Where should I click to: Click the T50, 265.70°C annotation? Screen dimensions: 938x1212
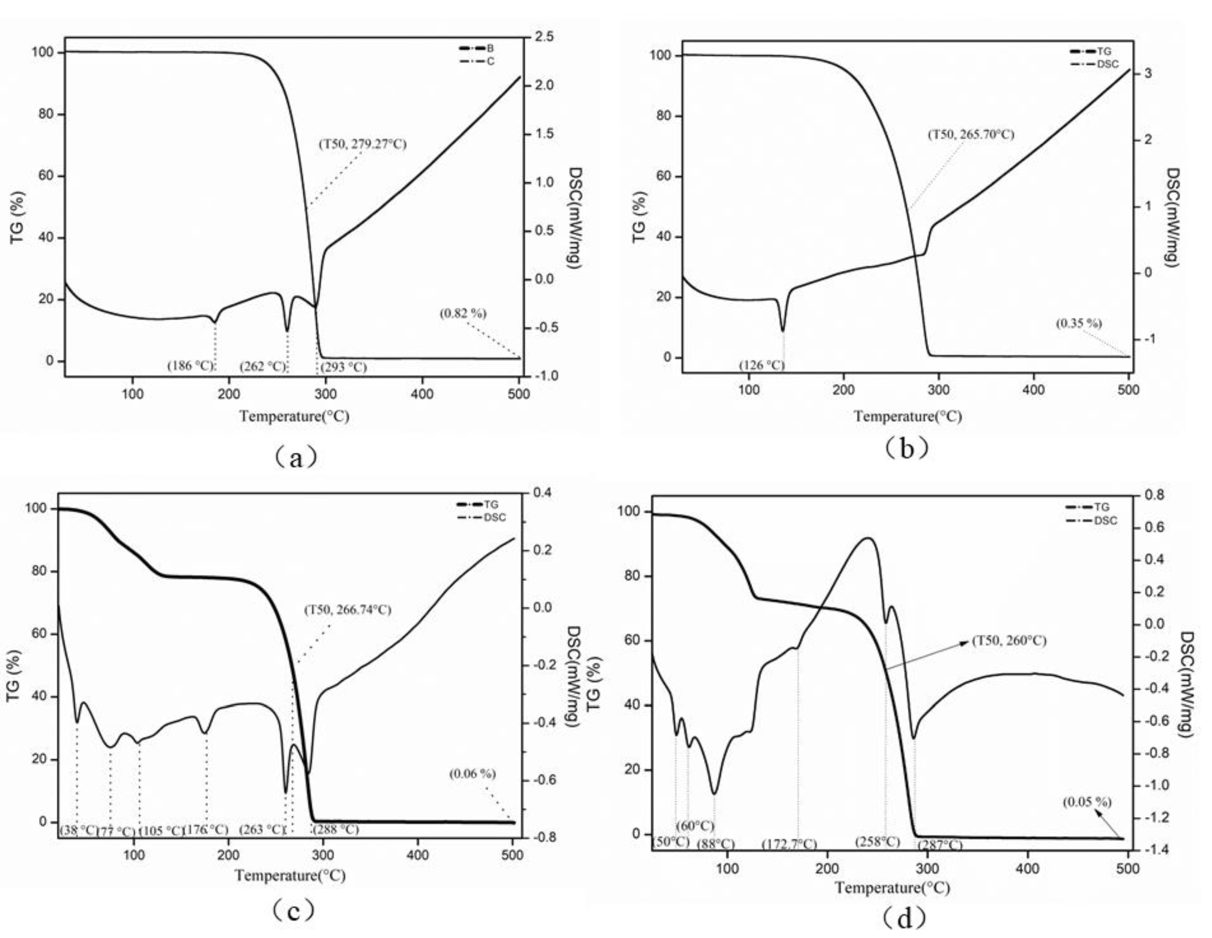click(x=971, y=134)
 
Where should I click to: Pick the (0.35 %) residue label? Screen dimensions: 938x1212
click(x=1078, y=323)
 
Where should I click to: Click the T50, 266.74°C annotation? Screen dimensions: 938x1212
click(x=347, y=610)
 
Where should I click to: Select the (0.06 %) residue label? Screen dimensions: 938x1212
click(x=472, y=774)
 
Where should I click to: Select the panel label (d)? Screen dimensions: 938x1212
click(x=905, y=918)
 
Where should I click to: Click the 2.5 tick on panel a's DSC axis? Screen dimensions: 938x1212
click(x=545, y=37)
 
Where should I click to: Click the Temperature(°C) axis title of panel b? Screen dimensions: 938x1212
click(x=907, y=416)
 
